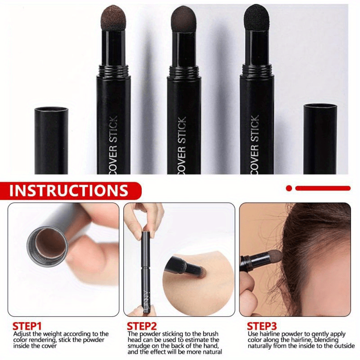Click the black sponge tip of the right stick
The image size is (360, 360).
pyautogui.click(x=256, y=18)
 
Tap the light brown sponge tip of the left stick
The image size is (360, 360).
pyautogui.click(x=113, y=18)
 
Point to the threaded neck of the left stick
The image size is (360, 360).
pyautogui.click(x=113, y=71)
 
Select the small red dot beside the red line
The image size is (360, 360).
pyautogui.click(x=289, y=188)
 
